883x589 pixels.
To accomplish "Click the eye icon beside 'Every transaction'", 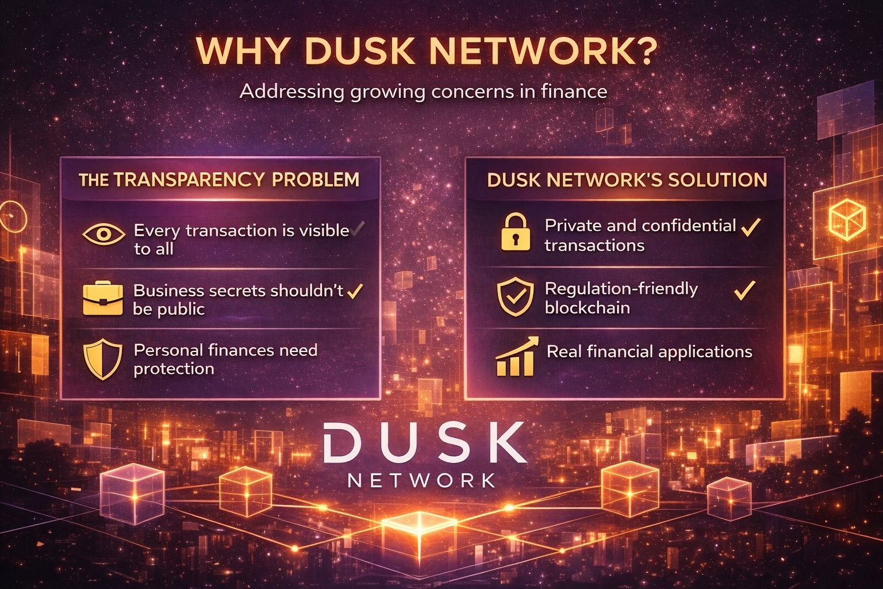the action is tap(103, 235).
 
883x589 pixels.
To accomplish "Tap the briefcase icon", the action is tap(103, 299).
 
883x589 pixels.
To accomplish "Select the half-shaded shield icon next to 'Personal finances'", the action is tap(103, 359).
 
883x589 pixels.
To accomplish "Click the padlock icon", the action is tap(516, 232).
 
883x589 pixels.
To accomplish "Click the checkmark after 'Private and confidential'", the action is tap(751, 227).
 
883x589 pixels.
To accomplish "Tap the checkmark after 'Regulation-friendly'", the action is tap(745, 290).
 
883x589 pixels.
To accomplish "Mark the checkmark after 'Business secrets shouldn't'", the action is tap(355, 291).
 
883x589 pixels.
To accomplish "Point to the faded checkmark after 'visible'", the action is tap(358, 229).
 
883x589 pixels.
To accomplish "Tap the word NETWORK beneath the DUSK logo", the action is tap(421, 480).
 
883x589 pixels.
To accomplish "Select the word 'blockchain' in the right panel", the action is tap(588, 308).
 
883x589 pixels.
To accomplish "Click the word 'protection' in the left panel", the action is tap(174, 369).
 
